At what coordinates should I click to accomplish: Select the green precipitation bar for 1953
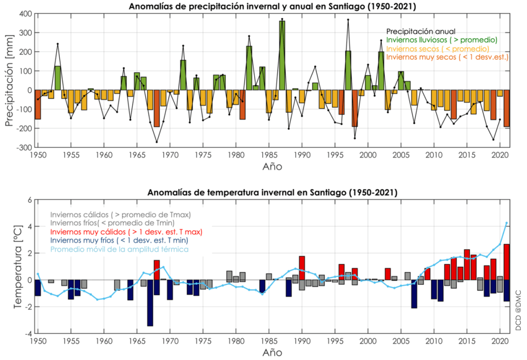click(58, 78)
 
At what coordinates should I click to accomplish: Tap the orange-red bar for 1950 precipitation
click(38, 105)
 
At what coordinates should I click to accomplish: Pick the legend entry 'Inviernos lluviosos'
click(441, 40)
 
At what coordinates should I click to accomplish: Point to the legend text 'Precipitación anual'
click(421, 31)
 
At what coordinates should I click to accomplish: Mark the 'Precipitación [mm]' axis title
click(10, 80)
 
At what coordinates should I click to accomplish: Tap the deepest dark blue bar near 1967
click(150, 303)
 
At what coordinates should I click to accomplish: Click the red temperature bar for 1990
click(302, 268)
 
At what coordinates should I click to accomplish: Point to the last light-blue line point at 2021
click(506, 223)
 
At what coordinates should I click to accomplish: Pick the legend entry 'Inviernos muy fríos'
click(118, 241)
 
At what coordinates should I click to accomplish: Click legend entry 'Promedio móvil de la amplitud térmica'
click(119, 249)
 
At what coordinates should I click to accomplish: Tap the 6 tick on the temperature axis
click(29, 200)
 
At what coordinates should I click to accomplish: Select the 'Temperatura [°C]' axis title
click(17, 267)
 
